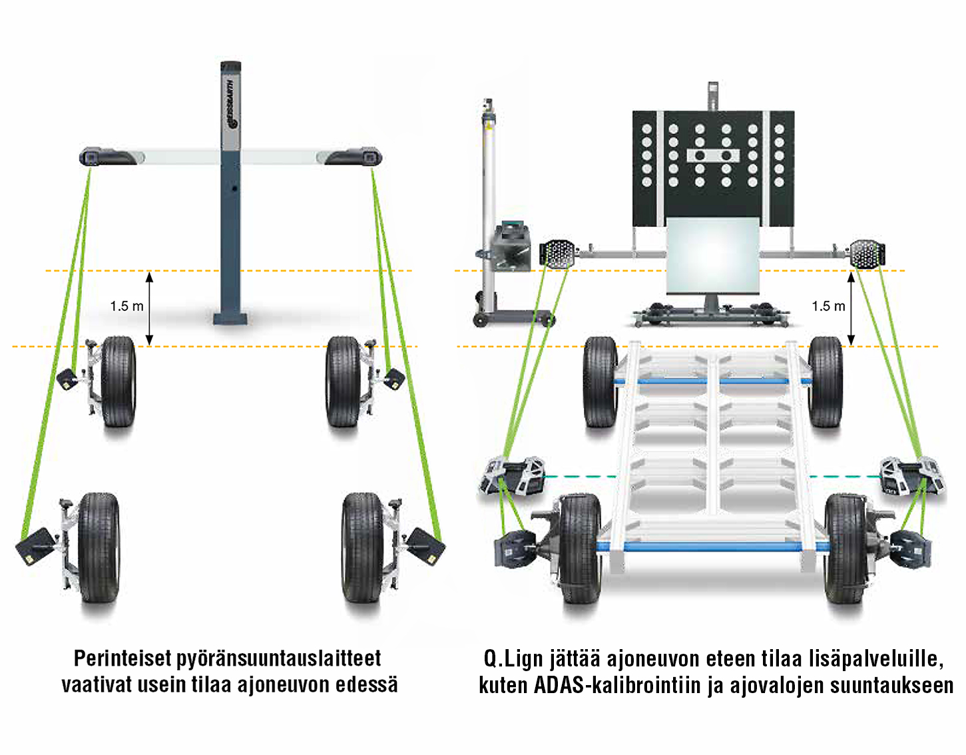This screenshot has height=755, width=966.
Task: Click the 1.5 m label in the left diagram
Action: coord(126,306)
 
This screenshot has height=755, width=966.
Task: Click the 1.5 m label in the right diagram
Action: coord(828,306)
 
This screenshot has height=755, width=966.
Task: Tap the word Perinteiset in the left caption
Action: coord(122,658)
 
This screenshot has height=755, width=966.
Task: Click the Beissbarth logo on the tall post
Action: coord(231,105)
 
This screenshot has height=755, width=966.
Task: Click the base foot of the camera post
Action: coord(230,319)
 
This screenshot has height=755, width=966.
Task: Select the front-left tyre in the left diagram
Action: coord(119,381)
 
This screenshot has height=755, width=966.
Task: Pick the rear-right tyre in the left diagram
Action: coord(362,547)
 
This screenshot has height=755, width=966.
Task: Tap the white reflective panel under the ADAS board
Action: coord(712,256)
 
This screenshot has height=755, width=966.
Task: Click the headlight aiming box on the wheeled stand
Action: coord(511,246)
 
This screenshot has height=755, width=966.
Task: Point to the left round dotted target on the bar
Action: coord(558,254)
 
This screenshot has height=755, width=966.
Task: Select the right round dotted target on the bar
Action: coord(867,254)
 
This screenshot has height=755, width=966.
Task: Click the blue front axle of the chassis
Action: coord(713,381)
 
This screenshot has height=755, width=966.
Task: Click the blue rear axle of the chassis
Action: coord(713,547)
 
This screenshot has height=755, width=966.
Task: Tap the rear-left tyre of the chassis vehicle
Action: coord(579,549)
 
